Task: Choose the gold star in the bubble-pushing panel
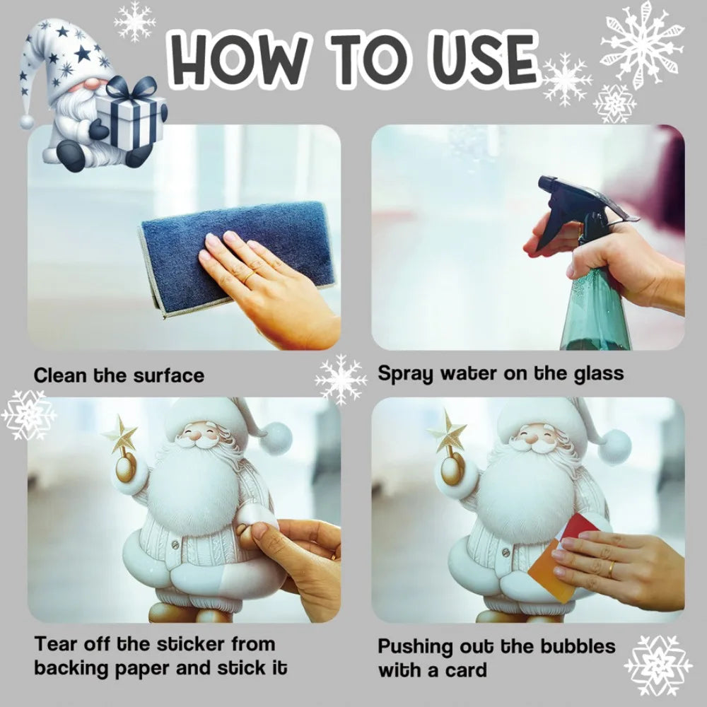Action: coord(448,433)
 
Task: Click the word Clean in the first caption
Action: coord(61,375)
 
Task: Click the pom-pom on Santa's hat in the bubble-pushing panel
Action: coord(614,447)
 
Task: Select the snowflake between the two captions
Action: coord(341,380)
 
